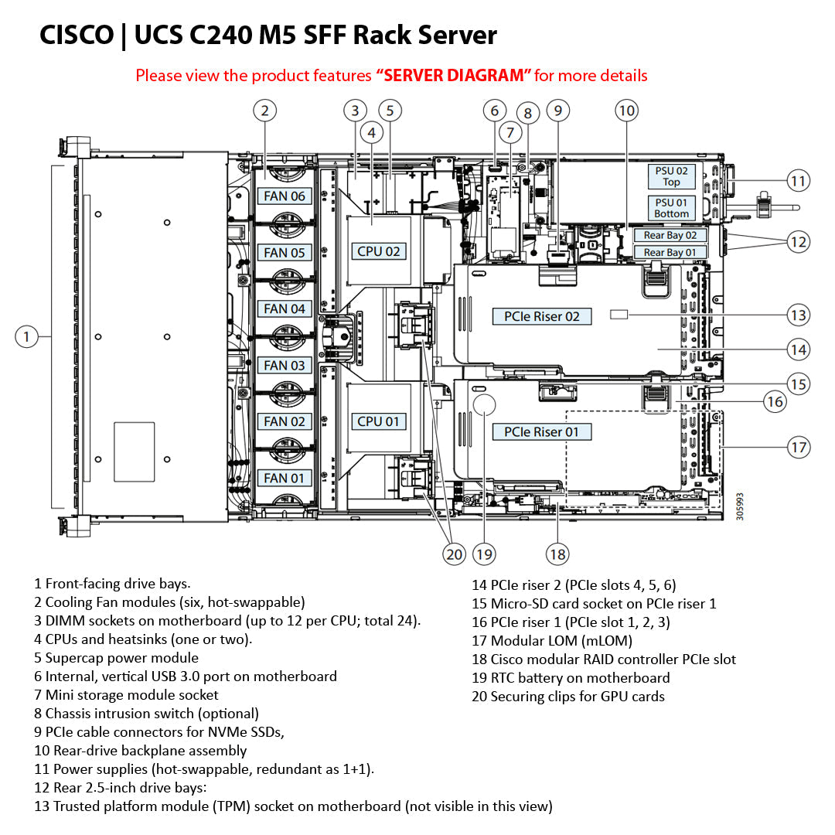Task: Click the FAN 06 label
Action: pos(285,196)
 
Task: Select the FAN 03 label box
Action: pos(285,365)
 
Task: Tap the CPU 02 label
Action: pos(379,251)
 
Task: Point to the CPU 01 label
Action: pos(379,421)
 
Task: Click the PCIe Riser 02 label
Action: pos(541,316)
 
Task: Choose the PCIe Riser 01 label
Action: pos(541,431)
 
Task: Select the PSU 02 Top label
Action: pos(671,176)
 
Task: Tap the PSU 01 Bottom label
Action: pos(671,208)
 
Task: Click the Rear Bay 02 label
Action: pos(670,235)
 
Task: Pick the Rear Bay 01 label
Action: pos(670,252)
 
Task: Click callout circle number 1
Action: pos(26,336)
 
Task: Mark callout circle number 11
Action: pos(798,181)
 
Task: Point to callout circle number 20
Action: pos(454,554)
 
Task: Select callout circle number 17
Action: pos(798,447)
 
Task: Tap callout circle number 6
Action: pos(495,111)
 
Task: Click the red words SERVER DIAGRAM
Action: pos(454,76)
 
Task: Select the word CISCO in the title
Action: pos(76,35)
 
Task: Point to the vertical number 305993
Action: pos(740,506)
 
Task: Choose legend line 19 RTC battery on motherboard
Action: pos(571,678)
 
